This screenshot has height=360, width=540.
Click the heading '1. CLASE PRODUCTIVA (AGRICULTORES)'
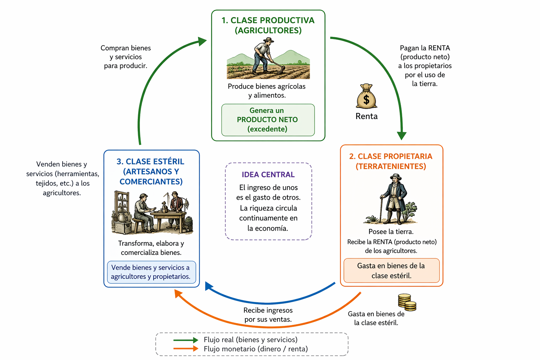pyautogui.click(x=268, y=25)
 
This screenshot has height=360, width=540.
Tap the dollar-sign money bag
pyautogui.click(x=366, y=96)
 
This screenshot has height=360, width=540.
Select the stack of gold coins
pyautogui.click(x=407, y=302)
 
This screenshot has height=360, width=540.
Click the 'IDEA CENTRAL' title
pyautogui.click(x=268, y=174)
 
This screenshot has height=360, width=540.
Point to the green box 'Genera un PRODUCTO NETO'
pyautogui.click(x=268, y=120)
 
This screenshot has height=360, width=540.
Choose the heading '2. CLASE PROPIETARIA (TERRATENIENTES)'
pyautogui.click(x=391, y=161)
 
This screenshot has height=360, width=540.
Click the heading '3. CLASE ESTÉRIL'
pyautogui.click(x=150, y=161)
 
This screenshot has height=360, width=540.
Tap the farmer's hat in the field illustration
pyautogui.click(x=269, y=40)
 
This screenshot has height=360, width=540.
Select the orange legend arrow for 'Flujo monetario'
pyautogui.click(x=186, y=349)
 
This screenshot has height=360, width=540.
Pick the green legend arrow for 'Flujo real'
pyautogui.click(x=186, y=340)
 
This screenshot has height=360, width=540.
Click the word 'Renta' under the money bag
pyautogui.click(x=366, y=116)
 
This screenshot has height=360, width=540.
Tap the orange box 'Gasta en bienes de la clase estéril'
pyautogui.click(x=392, y=270)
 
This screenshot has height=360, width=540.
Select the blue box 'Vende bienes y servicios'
pyautogui.click(x=152, y=272)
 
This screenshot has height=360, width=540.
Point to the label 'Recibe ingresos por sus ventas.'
pyautogui.click(x=268, y=315)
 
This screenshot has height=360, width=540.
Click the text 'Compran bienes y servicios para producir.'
pyautogui.click(x=126, y=57)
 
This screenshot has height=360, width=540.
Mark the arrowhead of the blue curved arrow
pyautogui.click(x=209, y=286)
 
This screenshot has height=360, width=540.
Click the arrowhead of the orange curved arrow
pyautogui.click(x=178, y=293)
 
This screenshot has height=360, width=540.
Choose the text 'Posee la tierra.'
pyautogui.click(x=391, y=231)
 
